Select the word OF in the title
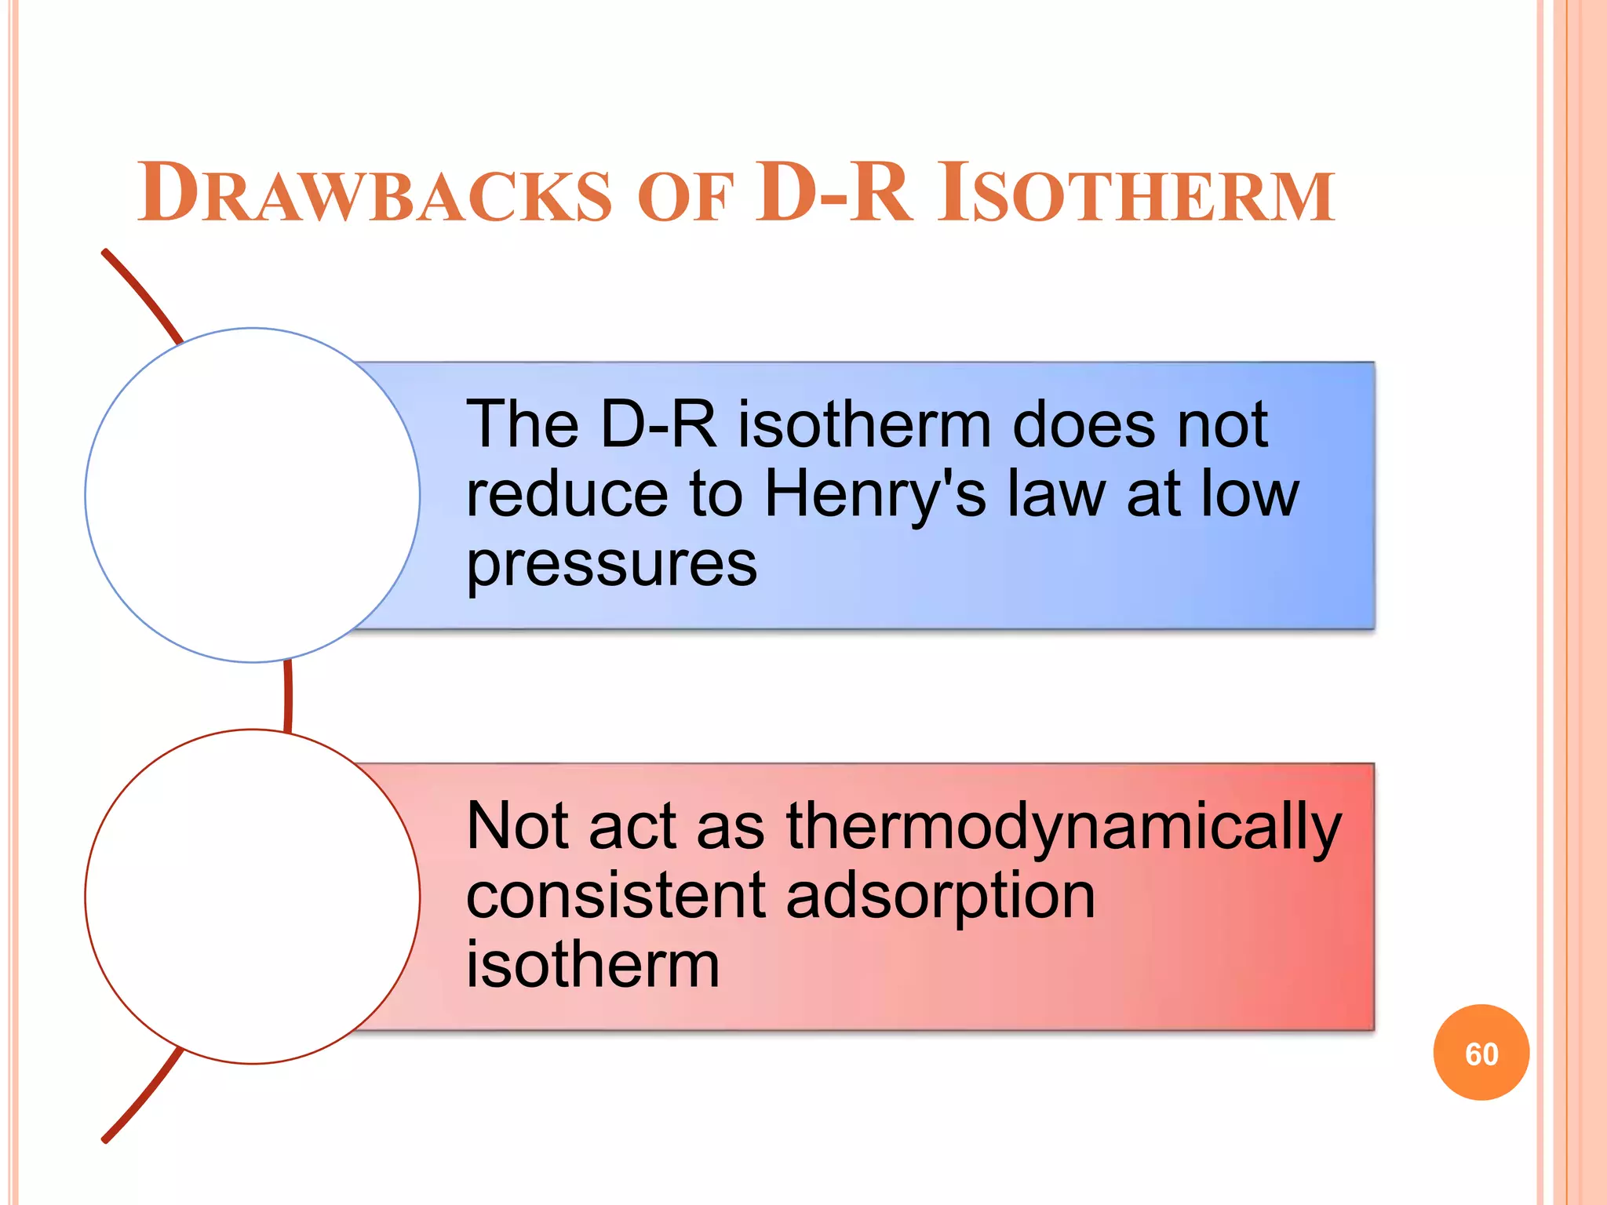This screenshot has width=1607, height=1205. click(684, 198)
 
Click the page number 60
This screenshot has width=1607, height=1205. click(1481, 1054)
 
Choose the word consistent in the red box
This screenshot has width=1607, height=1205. click(615, 896)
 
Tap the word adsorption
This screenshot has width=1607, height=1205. click(940, 897)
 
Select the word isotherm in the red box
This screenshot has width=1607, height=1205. click(592, 965)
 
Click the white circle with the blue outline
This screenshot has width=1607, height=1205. click(252, 495)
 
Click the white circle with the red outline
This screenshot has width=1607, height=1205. click(252, 896)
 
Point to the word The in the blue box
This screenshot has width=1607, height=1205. click(523, 424)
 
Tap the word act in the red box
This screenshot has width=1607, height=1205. click(632, 827)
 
